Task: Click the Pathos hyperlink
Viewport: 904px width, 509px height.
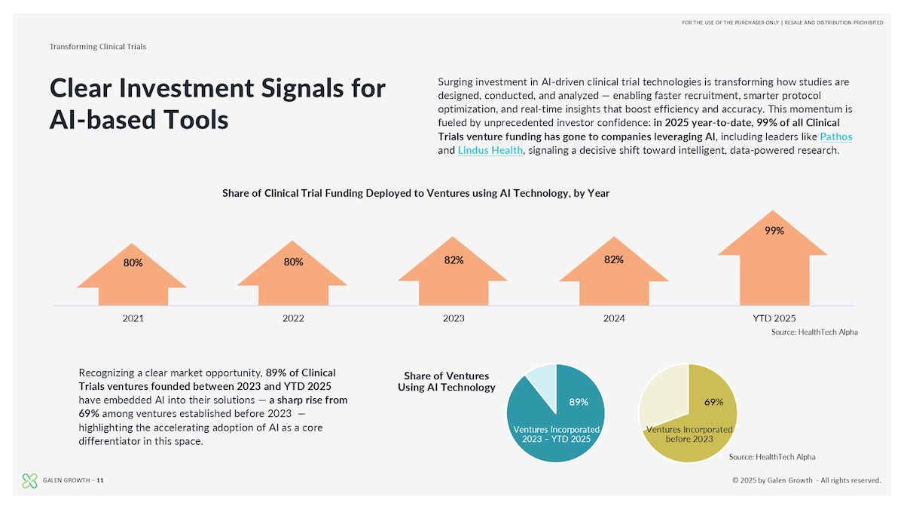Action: [835, 136]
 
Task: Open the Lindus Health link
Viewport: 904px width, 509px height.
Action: [490, 150]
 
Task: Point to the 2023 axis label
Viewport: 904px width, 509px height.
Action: [454, 318]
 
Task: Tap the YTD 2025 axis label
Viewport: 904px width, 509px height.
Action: [774, 318]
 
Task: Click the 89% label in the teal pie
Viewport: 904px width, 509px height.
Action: [579, 402]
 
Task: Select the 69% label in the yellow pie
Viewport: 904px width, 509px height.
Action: [714, 402]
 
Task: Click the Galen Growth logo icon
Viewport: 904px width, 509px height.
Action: [30, 480]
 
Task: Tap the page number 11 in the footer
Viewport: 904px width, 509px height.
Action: [100, 480]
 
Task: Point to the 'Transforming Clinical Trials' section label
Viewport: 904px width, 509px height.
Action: [98, 47]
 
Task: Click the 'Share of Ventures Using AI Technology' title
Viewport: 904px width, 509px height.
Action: [447, 382]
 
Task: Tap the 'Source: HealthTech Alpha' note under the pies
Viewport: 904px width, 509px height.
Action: [772, 457]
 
